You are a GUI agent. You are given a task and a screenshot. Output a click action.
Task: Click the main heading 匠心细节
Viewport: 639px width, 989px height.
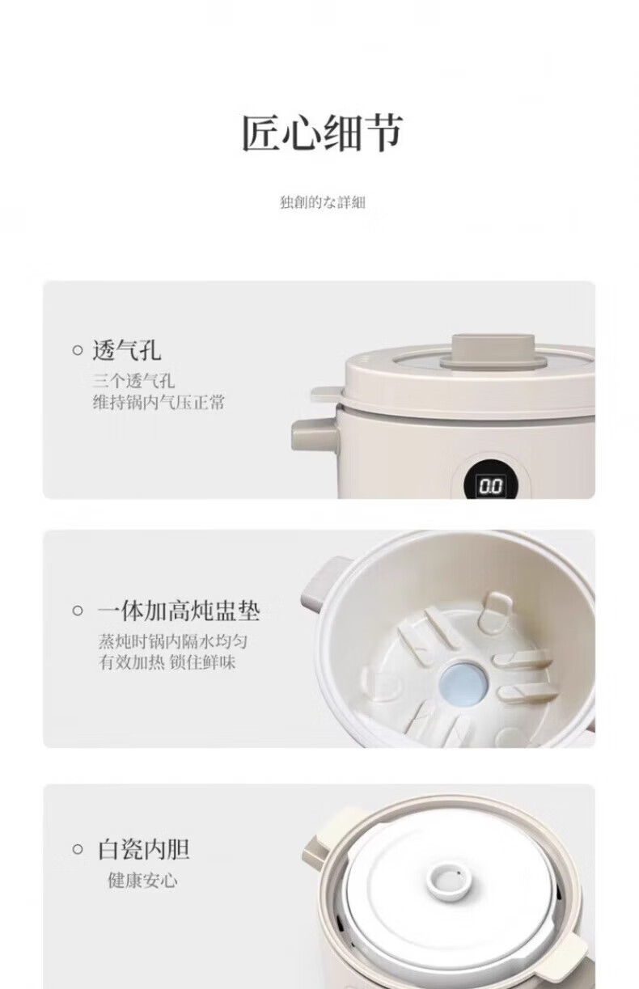pyautogui.click(x=322, y=133)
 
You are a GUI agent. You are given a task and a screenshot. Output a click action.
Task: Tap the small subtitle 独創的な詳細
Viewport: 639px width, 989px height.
pyautogui.click(x=323, y=202)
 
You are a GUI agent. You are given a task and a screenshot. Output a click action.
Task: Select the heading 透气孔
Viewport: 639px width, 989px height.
pyautogui.click(x=127, y=351)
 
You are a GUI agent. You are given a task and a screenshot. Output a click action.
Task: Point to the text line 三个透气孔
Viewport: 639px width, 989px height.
pyautogui.click(x=133, y=381)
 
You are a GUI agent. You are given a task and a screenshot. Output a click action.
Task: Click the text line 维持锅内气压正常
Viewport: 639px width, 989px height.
pyautogui.click(x=159, y=403)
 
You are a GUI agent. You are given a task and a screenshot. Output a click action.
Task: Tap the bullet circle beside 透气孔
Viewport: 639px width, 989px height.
pyautogui.click(x=78, y=351)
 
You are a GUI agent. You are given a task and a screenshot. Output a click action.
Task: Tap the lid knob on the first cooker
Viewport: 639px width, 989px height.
pyautogui.click(x=493, y=351)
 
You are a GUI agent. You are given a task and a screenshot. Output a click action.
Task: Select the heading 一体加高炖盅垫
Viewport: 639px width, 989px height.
pyautogui.click(x=179, y=611)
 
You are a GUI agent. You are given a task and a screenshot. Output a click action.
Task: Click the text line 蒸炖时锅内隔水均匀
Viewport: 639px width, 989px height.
pyautogui.click(x=172, y=641)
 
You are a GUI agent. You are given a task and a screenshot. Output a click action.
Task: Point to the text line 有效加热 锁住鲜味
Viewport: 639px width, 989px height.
pyautogui.click(x=167, y=663)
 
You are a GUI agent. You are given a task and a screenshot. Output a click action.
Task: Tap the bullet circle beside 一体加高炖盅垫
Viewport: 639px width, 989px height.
pyautogui.click(x=78, y=611)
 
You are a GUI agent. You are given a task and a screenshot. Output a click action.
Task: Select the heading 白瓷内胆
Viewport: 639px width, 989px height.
pyautogui.click(x=143, y=849)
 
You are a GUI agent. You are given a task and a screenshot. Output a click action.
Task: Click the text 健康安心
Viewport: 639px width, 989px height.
pyautogui.click(x=142, y=881)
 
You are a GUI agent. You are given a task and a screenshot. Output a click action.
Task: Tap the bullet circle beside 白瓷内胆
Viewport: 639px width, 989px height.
pyautogui.click(x=78, y=849)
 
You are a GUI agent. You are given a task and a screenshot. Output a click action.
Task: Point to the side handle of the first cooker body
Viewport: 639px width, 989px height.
pyautogui.click(x=314, y=435)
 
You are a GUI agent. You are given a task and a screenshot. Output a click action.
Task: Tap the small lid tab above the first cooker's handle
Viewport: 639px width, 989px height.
pyautogui.click(x=328, y=395)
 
